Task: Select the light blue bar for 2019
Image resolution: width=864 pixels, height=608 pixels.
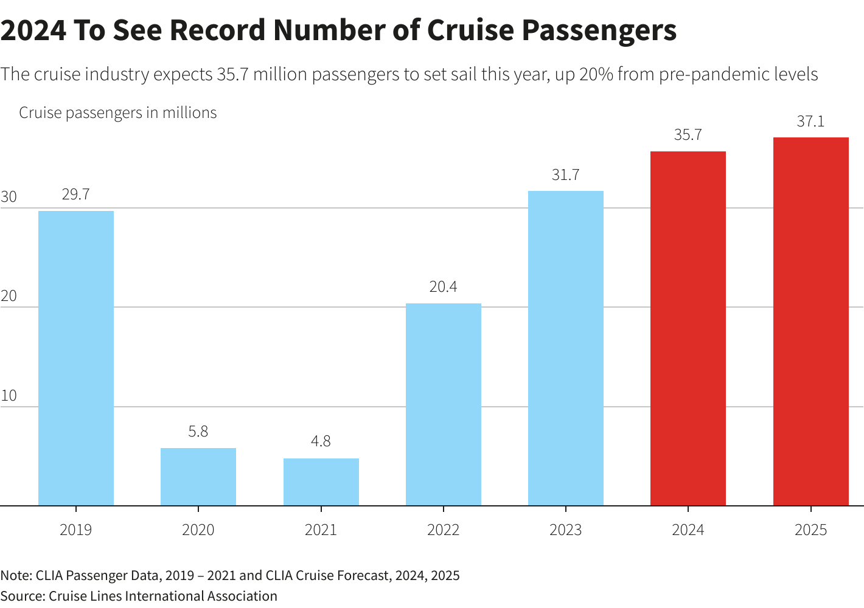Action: click(x=76, y=358)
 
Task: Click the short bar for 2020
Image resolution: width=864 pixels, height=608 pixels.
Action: click(x=198, y=477)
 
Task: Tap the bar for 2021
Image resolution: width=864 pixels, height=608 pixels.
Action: click(x=321, y=482)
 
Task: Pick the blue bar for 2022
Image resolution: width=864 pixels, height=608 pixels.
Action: click(x=444, y=404)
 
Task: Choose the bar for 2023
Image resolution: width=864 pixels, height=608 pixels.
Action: click(x=566, y=348)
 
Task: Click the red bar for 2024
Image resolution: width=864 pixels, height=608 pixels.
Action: click(x=688, y=328)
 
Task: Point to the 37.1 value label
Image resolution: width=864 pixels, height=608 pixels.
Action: click(x=810, y=122)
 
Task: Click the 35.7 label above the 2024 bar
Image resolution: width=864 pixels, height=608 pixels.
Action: click(x=688, y=135)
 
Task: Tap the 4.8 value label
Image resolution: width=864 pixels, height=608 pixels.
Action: click(x=321, y=441)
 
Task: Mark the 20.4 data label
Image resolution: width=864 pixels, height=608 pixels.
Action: click(x=443, y=286)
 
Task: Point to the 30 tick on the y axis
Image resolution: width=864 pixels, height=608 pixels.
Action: click(x=9, y=197)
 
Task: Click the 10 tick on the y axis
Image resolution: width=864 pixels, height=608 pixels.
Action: click(x=9, y=396)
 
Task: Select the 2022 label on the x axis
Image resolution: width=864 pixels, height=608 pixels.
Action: click(x=443, y=530)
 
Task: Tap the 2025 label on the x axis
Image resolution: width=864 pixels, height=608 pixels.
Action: click(x=810, y=530)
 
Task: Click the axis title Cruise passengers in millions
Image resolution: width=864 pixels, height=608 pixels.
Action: click(x=117, y=113)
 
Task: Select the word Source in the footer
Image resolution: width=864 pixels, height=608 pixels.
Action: click(x=21, y=596)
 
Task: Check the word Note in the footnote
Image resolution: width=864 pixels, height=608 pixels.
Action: click(x=15, y=575)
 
